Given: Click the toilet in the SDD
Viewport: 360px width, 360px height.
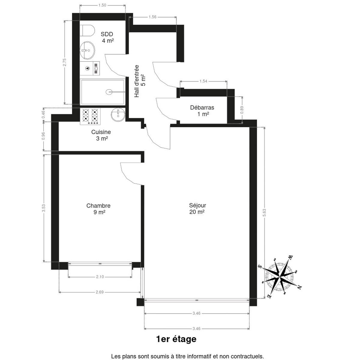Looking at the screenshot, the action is coord(87,31).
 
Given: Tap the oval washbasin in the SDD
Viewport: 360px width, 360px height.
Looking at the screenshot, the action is coord(87,50).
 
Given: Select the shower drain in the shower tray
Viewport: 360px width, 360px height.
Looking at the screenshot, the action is coord(109,92).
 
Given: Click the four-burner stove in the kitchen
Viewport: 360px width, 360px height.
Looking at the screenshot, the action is coord(90,116).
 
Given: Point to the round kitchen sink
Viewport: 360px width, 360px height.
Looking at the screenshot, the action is coord(118,114).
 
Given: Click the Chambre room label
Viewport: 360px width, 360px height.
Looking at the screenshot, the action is coord(98,209).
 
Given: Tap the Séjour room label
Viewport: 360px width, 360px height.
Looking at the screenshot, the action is coord(197,208).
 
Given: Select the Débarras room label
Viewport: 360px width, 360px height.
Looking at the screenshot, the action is coord(202,111).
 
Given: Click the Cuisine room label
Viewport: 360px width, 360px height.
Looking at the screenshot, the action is coord(101,135).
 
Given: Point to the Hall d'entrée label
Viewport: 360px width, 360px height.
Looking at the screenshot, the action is coord(139,81).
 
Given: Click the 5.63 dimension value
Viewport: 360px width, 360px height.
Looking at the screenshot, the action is coord(264,213).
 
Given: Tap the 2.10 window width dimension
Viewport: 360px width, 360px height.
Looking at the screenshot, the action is coord(100,277).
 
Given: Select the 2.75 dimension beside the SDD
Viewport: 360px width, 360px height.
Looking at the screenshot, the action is coord(64,62).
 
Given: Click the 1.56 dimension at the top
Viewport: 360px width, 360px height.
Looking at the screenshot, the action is coord(152,17).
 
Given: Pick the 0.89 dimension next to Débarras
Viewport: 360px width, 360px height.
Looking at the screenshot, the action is coord(242,110).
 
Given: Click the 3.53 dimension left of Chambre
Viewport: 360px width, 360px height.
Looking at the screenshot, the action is coord(43,208).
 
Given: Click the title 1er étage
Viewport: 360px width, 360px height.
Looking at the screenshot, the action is coord(176,339).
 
